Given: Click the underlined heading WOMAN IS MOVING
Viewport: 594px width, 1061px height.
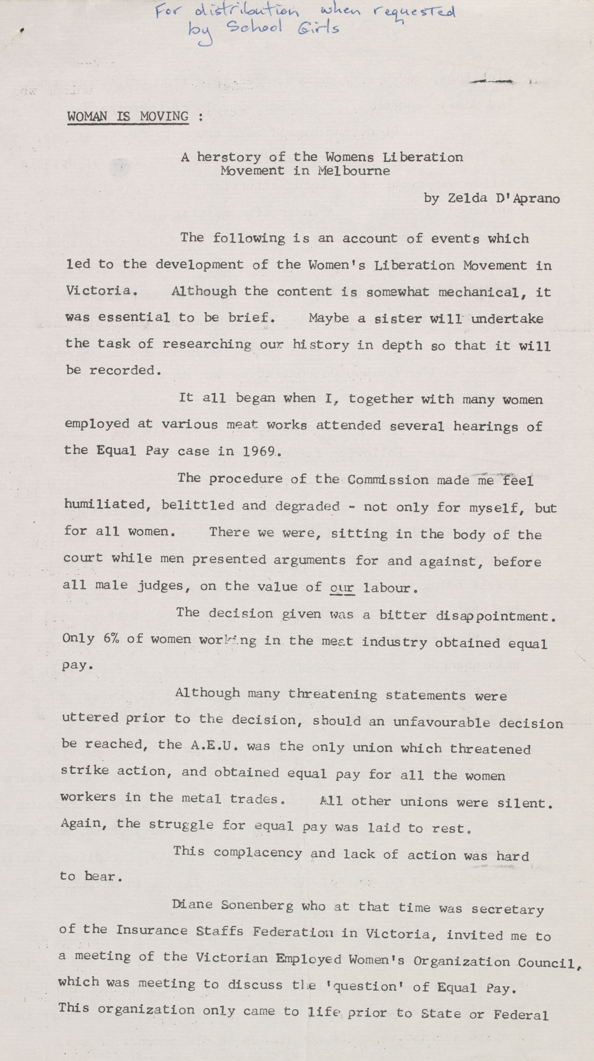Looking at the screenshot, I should click(x=128, y=117).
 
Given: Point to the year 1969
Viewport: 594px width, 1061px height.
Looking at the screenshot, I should click(x=259, y=451).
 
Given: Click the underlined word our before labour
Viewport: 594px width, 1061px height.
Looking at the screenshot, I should click(x=342, y=587).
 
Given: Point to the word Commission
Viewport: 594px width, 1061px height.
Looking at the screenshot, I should click(x=388, y=480).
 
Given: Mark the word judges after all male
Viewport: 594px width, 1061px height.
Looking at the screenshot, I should click(x=164, y=586).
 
